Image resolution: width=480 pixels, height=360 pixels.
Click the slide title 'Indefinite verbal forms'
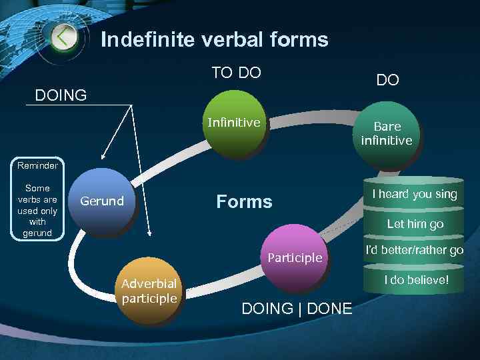(x=214, y=40)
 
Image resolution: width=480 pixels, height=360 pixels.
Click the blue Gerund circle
(x=102, y=202)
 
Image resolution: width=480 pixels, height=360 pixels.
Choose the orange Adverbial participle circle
(x=149, y=291)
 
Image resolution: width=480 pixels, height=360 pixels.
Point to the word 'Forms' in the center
(x=244, y=201)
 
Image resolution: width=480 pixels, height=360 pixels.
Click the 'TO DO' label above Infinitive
(x=236, y=73)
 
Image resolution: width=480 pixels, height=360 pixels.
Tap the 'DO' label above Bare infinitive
(x=387, y=80)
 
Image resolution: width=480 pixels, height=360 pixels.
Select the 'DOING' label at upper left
(x=61, y=95)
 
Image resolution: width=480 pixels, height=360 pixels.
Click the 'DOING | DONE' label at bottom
(x=297, y=309)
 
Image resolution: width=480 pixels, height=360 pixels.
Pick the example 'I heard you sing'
(x=414, y=194)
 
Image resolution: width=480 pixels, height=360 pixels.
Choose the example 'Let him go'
(x=415, y=224)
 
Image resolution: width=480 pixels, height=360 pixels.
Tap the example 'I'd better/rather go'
(x=414, y=251)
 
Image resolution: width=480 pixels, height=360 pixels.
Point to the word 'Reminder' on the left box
(x=37, y=165)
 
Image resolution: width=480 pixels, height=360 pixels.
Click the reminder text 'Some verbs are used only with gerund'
(x=37, y=211)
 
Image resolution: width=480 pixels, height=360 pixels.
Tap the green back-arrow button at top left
(x=63, y=37)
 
